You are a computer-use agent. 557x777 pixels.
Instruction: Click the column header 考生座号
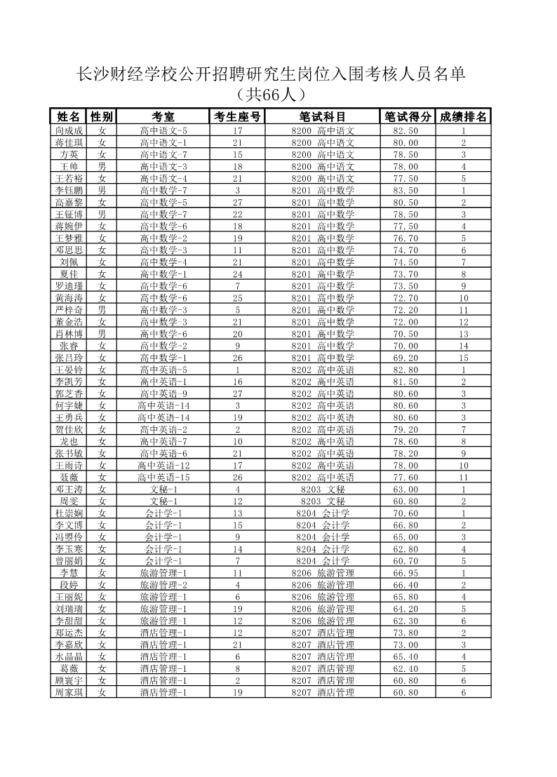(238, 116)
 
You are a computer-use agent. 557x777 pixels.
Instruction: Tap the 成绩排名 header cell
(463, 116)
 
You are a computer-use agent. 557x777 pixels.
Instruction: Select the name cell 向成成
(69, 130)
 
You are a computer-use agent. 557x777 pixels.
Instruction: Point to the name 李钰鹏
(69, 190)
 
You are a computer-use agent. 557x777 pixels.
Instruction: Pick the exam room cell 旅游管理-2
(163, 585)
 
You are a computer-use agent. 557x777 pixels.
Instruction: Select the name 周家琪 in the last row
(69, 692)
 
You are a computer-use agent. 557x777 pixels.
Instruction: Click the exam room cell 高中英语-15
(163, 477)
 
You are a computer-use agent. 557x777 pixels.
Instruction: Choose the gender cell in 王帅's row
(102, 166)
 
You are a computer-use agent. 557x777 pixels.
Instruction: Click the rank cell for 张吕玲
(463, 358)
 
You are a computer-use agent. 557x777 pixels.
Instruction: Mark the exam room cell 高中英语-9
(163, 393)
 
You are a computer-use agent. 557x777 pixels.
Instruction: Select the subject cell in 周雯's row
(323, 501)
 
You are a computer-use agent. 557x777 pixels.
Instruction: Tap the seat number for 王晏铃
(238, 370)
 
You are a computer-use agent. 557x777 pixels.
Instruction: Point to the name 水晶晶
(69, 656)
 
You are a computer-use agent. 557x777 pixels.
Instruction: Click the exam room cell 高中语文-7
(163, 154)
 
